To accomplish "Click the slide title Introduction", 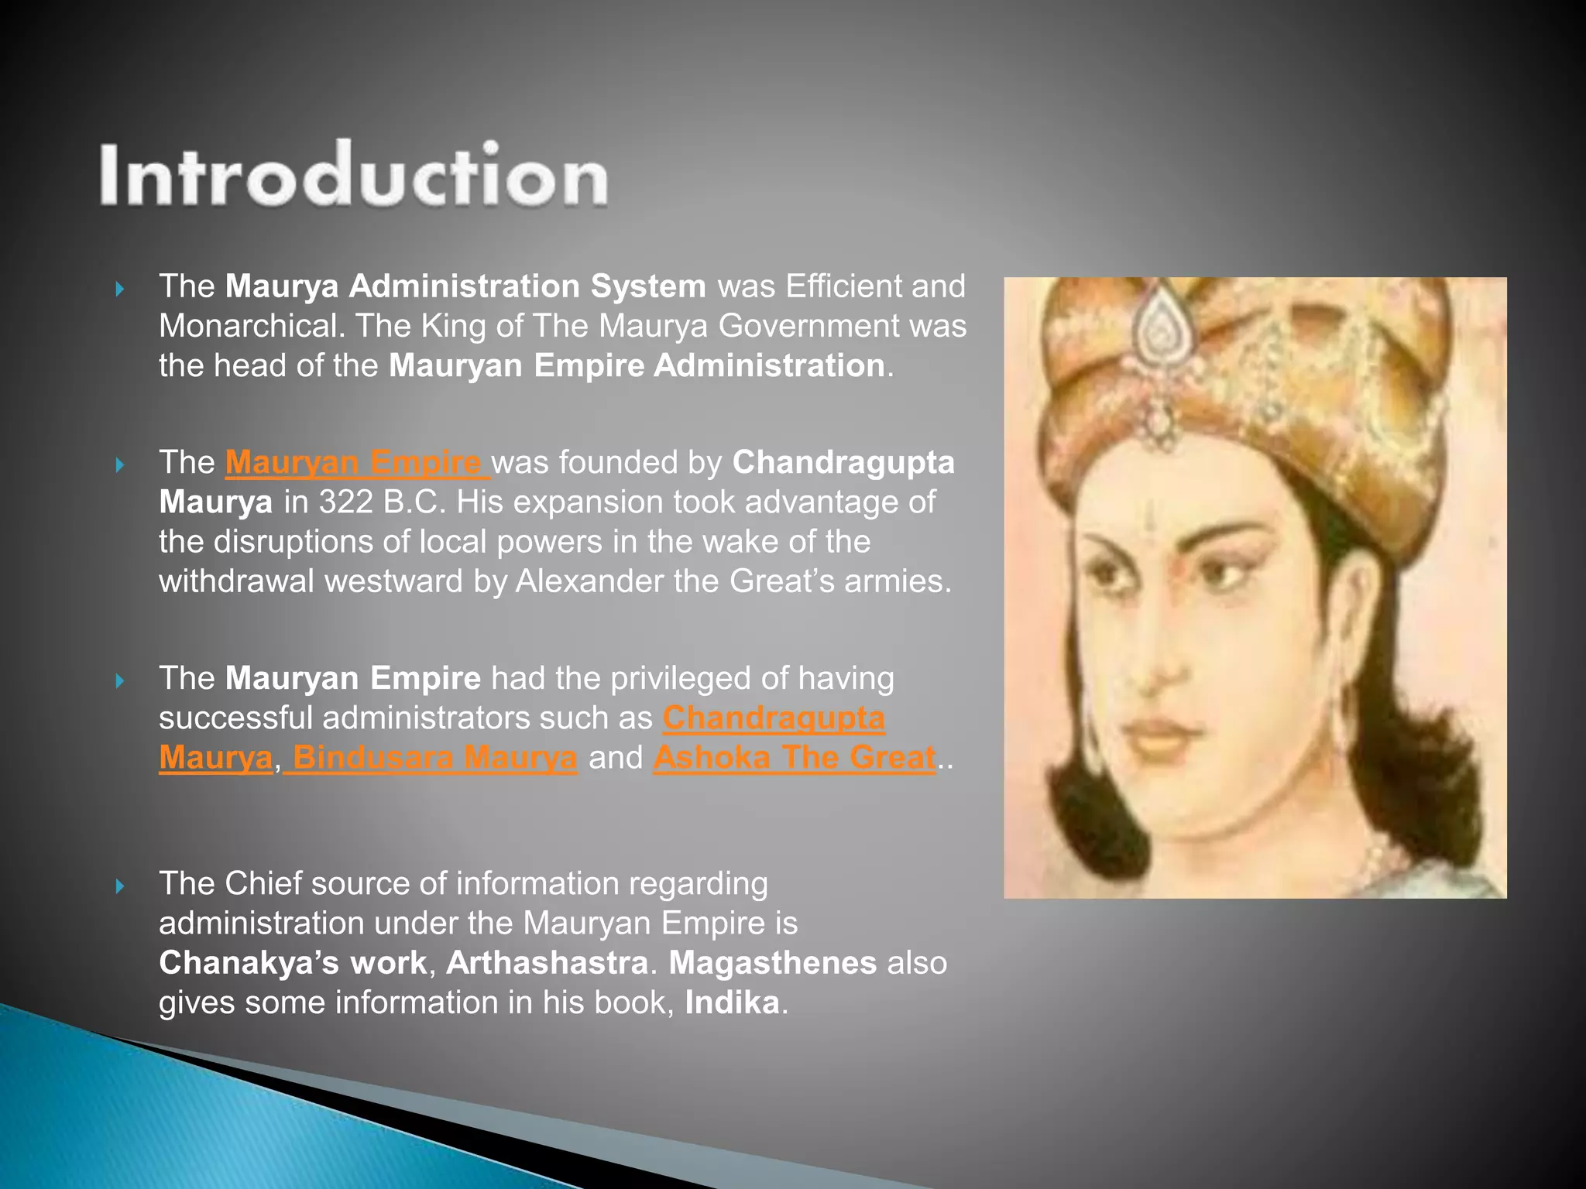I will click(353, 175).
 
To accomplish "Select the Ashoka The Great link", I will click(795, 757).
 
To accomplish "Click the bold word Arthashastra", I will click(547, 963).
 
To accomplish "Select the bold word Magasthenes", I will click(772, 963).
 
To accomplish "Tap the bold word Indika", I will click(732, 1002).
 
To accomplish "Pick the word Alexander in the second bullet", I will click(589, 581).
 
